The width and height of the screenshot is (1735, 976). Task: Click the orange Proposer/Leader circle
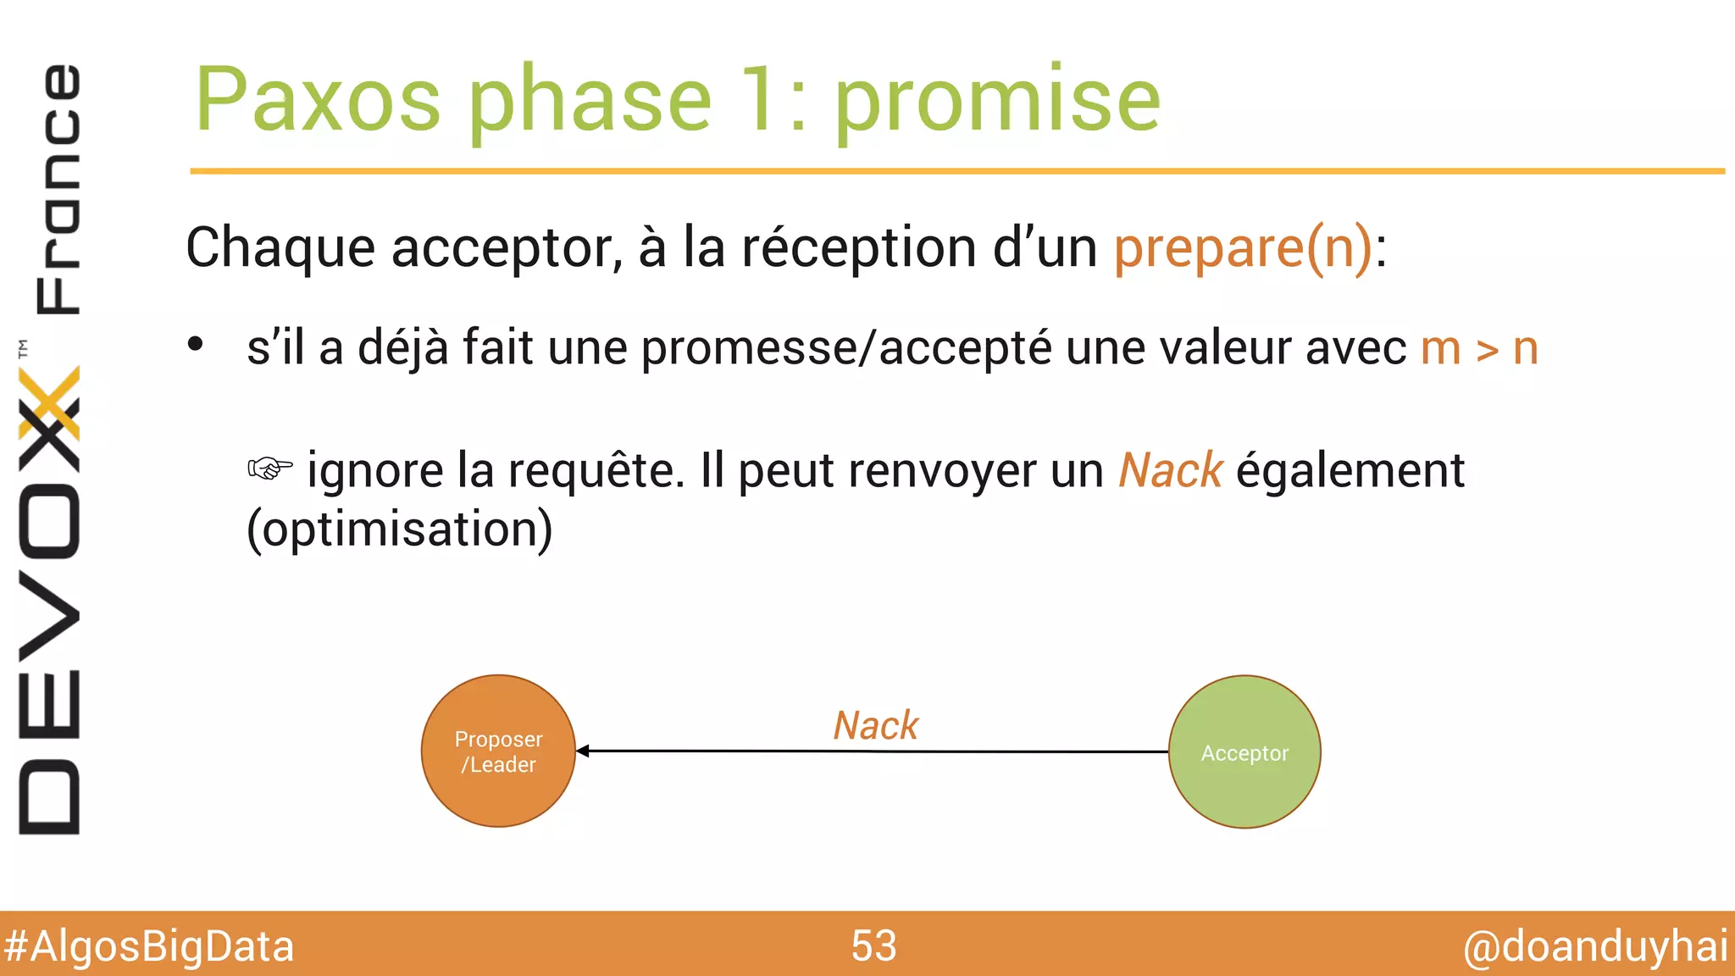tap(498, 751)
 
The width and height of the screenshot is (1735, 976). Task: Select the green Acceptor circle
tap(1244, 751)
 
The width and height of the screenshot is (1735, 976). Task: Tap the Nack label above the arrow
tap(875, 725)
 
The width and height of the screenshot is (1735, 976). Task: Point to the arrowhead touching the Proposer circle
tap(583, 751)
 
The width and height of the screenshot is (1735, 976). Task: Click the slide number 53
tap(873, 945)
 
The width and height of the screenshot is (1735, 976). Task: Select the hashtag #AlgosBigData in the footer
tap(148, 946)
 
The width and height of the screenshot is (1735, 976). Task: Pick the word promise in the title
tap(997, 102)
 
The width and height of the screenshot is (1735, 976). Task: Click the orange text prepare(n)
tap(1242, 247)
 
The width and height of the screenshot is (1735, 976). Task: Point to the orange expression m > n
tap(1479, 348)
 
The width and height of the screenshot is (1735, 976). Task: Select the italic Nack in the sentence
tap(1170, 470)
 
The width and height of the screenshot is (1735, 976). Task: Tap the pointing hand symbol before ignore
tap(270, 468)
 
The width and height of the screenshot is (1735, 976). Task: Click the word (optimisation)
tap(399, 530)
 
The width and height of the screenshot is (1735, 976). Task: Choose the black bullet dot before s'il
tap(196, 345)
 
